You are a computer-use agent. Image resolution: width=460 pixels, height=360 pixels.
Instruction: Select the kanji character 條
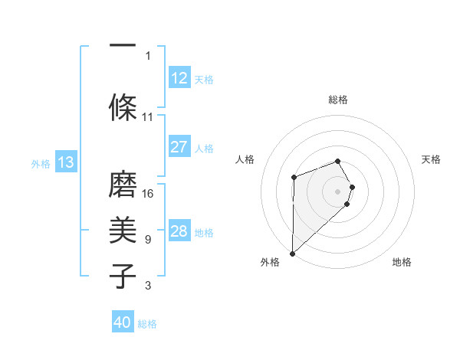click(122, 107)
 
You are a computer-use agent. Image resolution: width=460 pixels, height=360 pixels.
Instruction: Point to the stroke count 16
click(149, 193)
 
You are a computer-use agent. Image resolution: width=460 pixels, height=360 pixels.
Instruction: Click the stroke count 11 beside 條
click(148, 117)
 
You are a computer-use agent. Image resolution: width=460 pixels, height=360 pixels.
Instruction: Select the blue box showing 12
click(179, 78)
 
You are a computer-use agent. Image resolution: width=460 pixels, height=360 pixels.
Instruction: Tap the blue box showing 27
click(179, 147)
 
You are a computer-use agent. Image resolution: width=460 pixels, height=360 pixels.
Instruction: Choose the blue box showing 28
click(179, 231)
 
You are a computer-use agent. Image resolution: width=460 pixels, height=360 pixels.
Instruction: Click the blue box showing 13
click(66, 162)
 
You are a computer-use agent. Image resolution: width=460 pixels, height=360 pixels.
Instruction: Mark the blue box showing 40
click(123, 322)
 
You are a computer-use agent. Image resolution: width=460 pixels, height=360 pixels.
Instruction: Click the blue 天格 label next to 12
click(204, 79)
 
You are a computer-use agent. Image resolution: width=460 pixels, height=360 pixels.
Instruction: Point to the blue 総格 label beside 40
click(147, 323)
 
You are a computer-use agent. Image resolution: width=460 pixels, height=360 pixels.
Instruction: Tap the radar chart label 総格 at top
click(338, 100)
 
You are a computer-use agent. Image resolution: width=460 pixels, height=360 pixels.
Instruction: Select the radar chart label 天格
click(431, 159)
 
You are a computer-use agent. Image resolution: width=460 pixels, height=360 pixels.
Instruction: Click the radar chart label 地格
click(402, 262)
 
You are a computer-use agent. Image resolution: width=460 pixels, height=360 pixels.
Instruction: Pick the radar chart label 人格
click(245, 159)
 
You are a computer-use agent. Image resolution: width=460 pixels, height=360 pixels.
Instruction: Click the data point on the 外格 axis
click(292, 253)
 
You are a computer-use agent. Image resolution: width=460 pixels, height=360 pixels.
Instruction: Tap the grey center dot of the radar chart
click(338, 190)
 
